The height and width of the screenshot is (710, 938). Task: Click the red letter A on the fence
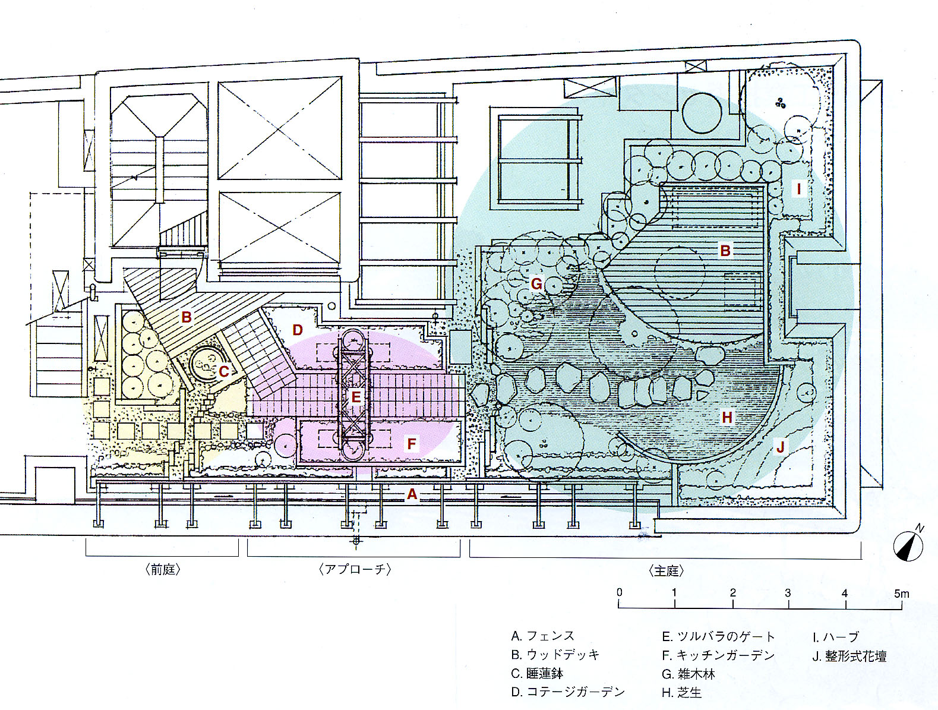(x=412, y=494)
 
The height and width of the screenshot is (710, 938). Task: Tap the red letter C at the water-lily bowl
(x=223, y=372)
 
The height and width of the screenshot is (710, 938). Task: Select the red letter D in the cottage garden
(x=298, y=330)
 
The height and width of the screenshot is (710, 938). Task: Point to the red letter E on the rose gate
(x=356, y=397)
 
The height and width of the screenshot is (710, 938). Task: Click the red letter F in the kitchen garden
(x=411, y=443)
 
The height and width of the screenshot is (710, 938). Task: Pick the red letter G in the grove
(x=536, y=283)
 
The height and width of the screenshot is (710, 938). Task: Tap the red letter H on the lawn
(x=727, y=418)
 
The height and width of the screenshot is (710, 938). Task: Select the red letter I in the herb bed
(x=799, y=190)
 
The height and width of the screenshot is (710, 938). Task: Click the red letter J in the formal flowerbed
(x=781, y=447)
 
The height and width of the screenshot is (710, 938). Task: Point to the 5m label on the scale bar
(x=901, y=593)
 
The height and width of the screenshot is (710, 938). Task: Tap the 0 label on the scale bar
(x=620, y=592)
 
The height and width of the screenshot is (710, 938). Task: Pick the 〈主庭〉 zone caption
(x=666, y=571)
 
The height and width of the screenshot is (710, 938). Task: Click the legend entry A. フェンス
(x=542, y=636)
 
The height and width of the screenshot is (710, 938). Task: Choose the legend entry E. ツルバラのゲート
(x=718, y=637)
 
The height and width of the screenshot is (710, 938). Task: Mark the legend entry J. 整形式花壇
(x=849, y=657)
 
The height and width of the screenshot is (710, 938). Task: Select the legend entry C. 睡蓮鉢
(x=536, y=674)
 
